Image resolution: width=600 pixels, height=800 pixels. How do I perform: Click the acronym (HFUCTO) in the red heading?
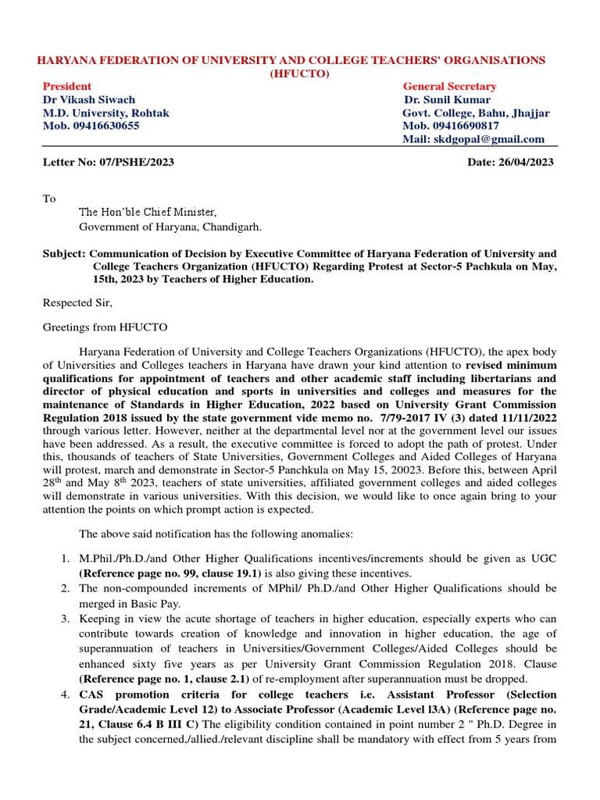(x=300, y=73)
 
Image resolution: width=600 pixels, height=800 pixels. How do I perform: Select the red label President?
(x=66, y=86)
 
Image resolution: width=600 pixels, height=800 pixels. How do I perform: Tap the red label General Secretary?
(x=449, y=86)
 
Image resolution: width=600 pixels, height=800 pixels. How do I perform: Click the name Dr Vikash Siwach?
(x=88, y=99)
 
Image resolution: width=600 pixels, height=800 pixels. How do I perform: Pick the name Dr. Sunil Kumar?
(x=447, y=99)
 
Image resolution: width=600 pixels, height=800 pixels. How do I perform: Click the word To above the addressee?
(x=48, y=198)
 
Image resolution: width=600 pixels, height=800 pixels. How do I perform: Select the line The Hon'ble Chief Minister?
(x=148, y=212)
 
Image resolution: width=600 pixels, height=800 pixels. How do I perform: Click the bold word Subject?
(x=63, y=253)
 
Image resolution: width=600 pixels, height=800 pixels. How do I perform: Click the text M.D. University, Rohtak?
(x=105, y=112)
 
